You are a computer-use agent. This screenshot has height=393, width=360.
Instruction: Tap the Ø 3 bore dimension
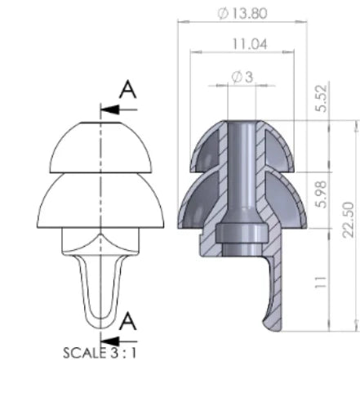pos(242,77)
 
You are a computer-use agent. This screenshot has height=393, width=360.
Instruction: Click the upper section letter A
pos(127,89)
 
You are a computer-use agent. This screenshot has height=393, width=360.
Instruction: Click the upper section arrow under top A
pos(117,108)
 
